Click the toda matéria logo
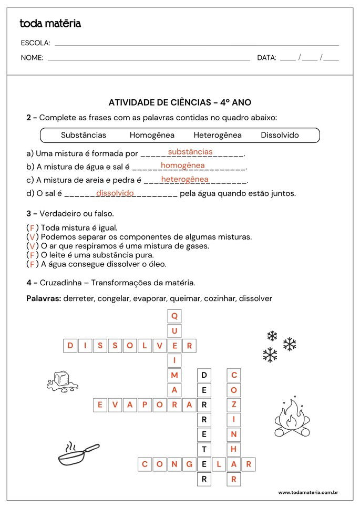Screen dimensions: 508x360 [x=50, y=24]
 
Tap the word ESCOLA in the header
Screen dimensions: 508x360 [x=35, y=43]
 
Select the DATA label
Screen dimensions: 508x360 [x=266, y=58]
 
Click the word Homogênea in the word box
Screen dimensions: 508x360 [x=152, y=135]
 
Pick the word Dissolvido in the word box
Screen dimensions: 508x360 [x=280, y=135]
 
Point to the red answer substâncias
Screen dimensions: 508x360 [x=190, y=152]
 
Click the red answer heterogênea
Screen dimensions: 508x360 [x=184, y=179]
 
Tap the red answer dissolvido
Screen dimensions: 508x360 [x=115, y=193]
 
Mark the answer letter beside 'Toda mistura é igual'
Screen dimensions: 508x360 [x=32, y=228]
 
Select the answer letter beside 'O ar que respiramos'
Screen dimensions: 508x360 [x=32, y=246]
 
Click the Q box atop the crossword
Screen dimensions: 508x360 [x=174, y=316]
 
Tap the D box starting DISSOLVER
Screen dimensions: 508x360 [x=70, y=346]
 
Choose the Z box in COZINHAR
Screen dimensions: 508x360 [x=234, y=405]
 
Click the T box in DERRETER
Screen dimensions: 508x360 [x=204, y=449]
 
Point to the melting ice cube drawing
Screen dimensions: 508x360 [x=63, y=381]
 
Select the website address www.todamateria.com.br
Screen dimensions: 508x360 [x=307, y=493]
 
